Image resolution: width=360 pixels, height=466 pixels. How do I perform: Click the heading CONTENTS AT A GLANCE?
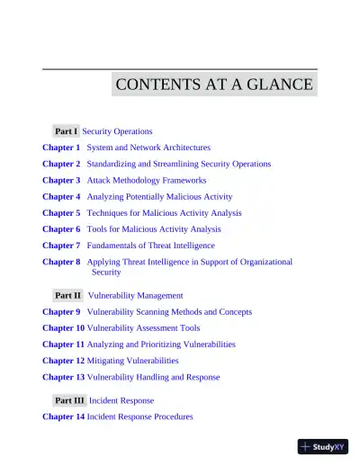coord(214,85)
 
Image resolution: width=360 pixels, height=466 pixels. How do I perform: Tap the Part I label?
coord(66,131)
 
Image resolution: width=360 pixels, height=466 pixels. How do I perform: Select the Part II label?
coord(67,295)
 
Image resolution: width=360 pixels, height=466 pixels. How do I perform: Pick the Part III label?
coord(68,400)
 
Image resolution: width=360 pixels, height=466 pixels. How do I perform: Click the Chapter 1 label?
coord(61,148)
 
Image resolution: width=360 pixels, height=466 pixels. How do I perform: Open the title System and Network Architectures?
coord(148,148)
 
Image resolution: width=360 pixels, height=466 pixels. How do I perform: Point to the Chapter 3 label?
coord(61,180)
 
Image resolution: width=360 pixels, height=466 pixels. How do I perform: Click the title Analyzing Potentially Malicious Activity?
coord(158,196)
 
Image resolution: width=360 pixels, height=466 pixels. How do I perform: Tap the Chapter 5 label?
coord(61,213)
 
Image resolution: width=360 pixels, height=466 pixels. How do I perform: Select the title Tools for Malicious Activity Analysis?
coord(153,229)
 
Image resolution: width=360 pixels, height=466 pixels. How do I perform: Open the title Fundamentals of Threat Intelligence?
coord(150,246)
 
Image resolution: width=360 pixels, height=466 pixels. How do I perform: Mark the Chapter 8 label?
coord(61,262)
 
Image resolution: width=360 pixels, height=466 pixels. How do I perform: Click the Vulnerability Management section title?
coord(135,295)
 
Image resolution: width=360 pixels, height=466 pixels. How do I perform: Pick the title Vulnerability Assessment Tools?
coord(143,328)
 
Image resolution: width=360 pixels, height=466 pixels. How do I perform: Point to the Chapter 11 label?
coord(63,345)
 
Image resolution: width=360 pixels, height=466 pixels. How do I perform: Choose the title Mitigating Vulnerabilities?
coord(132,361)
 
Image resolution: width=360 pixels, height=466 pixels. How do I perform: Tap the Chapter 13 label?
coord(63,377)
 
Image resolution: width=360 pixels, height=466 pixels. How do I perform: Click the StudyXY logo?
coord(323,446)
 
